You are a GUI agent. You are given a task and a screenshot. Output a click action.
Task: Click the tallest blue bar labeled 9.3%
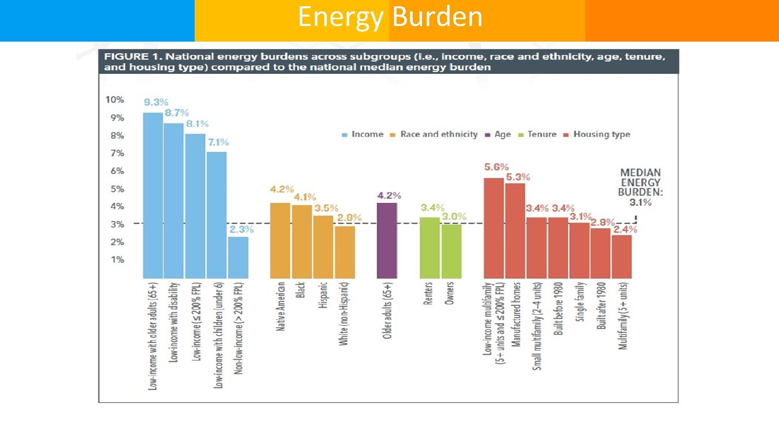pyautogui.click(x=153, y=195)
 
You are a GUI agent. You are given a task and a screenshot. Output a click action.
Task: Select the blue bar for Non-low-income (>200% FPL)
pyautogui.click(x=238, y=257)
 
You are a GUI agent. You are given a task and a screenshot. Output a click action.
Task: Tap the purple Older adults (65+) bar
pyautogui.click(x=387, y=240)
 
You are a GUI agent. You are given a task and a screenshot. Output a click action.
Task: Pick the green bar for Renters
pyautogui.click(x=430, y=248)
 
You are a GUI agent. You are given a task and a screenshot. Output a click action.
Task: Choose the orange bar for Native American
pyautogui.click(x=280, y=240)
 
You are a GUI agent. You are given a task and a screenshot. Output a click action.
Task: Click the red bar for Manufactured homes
pyautogui.click(x=515, y=230)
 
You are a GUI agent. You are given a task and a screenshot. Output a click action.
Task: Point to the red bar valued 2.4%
pyautogui.click(x=622, y=256)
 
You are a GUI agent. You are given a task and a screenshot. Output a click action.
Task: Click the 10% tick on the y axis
pyautogui.click(x=114, y=99)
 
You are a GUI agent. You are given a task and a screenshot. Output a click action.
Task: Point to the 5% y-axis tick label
pyautogui.click(x=117, y=189)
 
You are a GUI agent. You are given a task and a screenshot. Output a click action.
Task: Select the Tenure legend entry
pyautogui.click(x=542, y=134)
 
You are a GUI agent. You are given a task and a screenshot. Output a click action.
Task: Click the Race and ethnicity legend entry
pyautogui.click(x=439, y=134)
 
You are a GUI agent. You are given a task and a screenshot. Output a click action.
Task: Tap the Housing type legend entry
pyautogui.click(x=602, y=134)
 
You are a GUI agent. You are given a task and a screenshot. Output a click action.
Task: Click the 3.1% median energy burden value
pyautogui.click(x=641, y=202)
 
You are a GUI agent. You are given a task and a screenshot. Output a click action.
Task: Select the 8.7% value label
pyautogui.click(x=177, y=113)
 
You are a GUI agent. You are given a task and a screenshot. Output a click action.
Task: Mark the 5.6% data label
pyautogui.click(x=496, y=167)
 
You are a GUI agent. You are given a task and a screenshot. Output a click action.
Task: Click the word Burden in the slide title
pyautogui.click(x=438, y=17)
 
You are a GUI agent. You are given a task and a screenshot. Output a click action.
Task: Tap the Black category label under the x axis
pyautogui.click(x=300, y=290)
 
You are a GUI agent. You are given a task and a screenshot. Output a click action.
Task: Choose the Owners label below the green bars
pyautogui.click(x=450, y=293)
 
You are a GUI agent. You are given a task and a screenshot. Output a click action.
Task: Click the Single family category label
pyautogui.click(x=580, y=302)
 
